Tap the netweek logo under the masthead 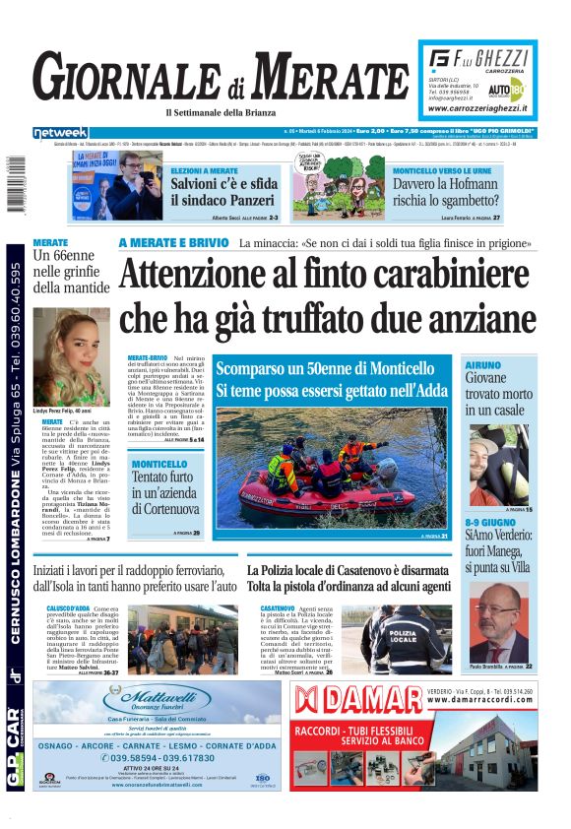coord(60,132)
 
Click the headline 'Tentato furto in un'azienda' coord(166,491)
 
